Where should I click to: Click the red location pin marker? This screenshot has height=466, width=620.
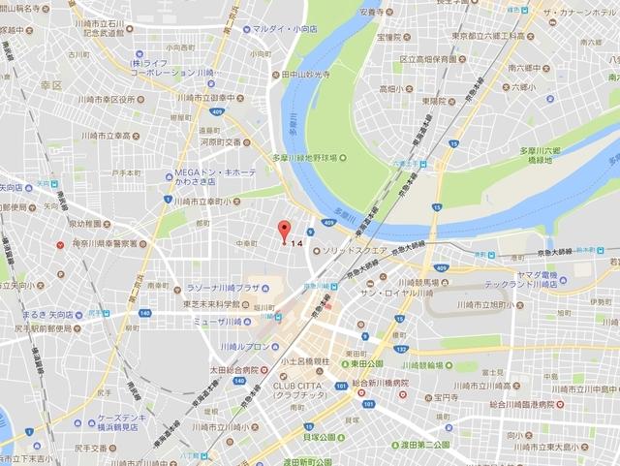[x=284, y=232]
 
